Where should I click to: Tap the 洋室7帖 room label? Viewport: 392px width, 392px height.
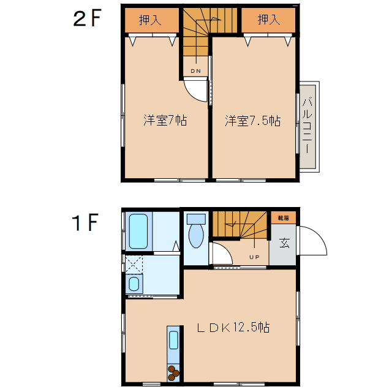(x=165, y=120)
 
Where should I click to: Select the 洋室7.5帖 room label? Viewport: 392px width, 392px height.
(x=252, y=120)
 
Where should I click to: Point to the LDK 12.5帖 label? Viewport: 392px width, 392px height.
(x=233, y=328)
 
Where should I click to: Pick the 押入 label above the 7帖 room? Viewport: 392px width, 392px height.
(x=150, y=20)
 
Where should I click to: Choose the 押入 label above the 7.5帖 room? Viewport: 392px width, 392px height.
(x=268, y=20)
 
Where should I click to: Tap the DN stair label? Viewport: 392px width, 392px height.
(x=195, y=72)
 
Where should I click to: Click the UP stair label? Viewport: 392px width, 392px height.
(x=254, y=256)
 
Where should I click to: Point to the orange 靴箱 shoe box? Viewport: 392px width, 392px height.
(x=284, y=217)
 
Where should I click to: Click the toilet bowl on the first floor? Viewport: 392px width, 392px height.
(x=196, y=235)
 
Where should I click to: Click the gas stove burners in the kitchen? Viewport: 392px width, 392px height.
(x=174, y=371)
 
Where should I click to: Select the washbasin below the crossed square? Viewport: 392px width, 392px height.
(x=134, y=283)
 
